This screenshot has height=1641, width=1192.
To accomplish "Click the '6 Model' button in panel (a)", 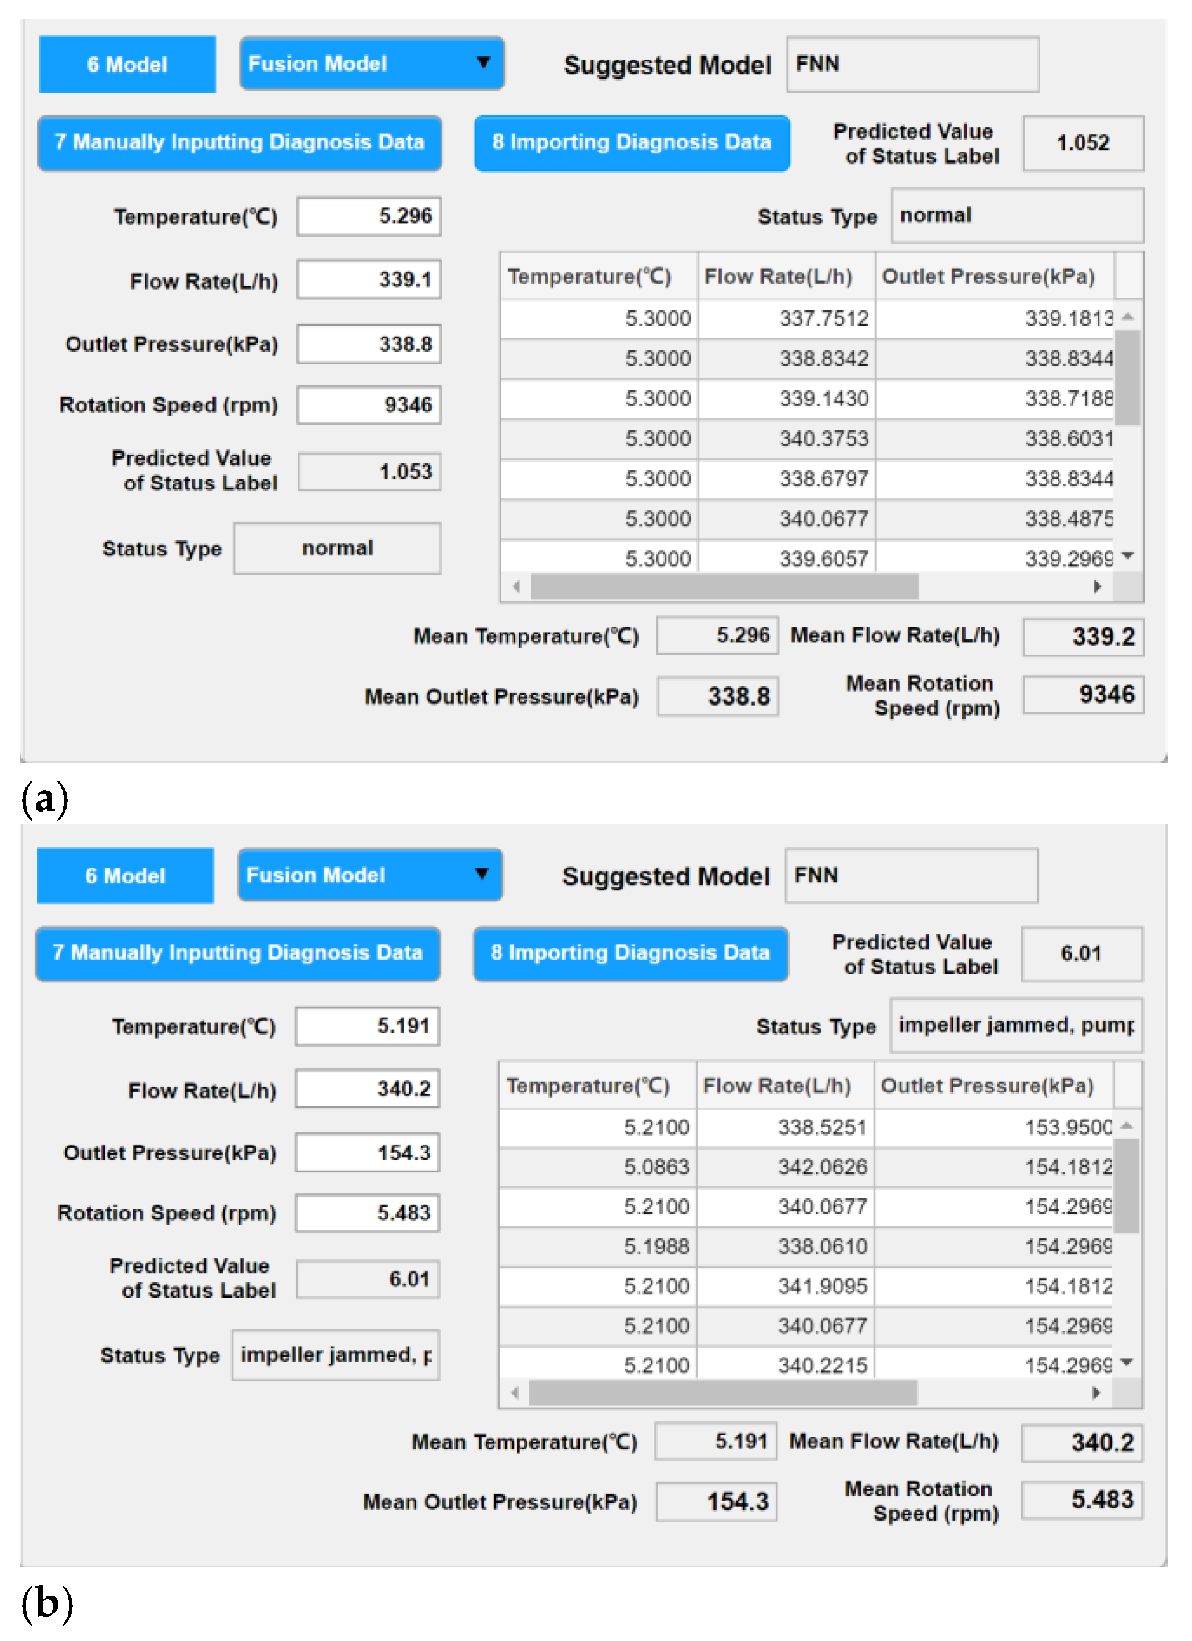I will tap(127, 64).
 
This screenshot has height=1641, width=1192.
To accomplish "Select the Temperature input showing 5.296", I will tap(369, 215).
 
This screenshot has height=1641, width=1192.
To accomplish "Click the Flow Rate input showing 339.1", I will tap(369, 279).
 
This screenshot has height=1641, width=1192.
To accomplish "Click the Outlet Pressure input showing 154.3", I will tap(368, 1153).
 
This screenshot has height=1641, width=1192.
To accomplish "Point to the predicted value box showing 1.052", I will tap(1082, 142).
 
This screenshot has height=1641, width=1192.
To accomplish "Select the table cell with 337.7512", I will tap(787, 319).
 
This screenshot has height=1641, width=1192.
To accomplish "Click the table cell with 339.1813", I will tap(995, 319).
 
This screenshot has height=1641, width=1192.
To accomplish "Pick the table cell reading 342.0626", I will tap(786, 1167).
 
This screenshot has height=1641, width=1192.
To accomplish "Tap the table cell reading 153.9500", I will tap(994, 1127).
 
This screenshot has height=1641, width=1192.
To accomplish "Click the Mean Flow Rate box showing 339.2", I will tap(1082, 637).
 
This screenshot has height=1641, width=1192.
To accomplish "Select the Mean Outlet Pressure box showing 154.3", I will tap(716, 1501).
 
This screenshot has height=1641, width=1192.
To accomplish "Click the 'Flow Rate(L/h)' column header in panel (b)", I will tap(777, 1086).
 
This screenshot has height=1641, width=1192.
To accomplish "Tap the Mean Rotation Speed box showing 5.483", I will tap(1081, 1499).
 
